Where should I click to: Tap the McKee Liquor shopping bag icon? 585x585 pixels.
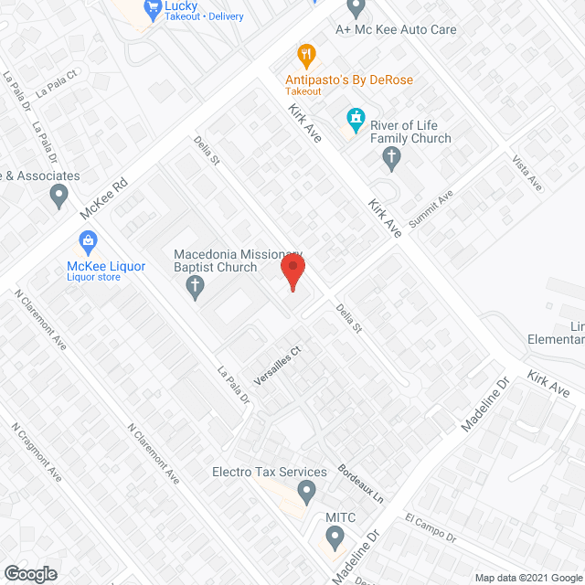(88, 242)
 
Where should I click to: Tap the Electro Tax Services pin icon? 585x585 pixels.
(306, 495)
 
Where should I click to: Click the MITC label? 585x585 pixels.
(340, 516)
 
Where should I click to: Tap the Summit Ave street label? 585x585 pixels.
(432, 210)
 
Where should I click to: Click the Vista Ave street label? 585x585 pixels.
(528, 174)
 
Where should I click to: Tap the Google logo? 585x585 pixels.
(29, 573)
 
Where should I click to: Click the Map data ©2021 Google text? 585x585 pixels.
(526, 577)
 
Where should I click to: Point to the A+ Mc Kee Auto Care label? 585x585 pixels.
(395, 29)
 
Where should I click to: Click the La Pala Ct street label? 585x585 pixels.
(54, 86)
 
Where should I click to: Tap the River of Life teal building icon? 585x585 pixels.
(355, 119)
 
